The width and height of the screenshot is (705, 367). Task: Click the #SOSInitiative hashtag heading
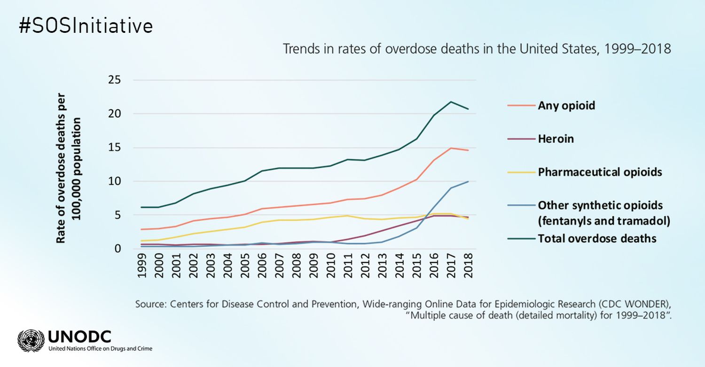tap(86, 26)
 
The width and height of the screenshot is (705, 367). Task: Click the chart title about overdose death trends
tap(476, 49)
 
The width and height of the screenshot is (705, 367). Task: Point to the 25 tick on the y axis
tap(115, 80)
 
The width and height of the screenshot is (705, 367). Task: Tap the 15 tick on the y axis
tap(115, 148)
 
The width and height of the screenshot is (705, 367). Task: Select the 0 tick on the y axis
tap(117, 249)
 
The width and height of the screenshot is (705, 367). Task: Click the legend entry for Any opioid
tap(566, 105)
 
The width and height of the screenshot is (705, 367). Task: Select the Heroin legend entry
tap(556, 139)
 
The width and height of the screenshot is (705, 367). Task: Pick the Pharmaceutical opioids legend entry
tap(600, 172)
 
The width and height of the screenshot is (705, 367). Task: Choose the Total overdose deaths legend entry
tap(597, 238)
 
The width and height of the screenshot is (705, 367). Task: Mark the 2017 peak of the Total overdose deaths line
tap(451, 102)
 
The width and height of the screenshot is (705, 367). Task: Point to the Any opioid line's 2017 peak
tap(451, 148)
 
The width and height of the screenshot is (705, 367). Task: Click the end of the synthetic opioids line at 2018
tap(468, 181)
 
